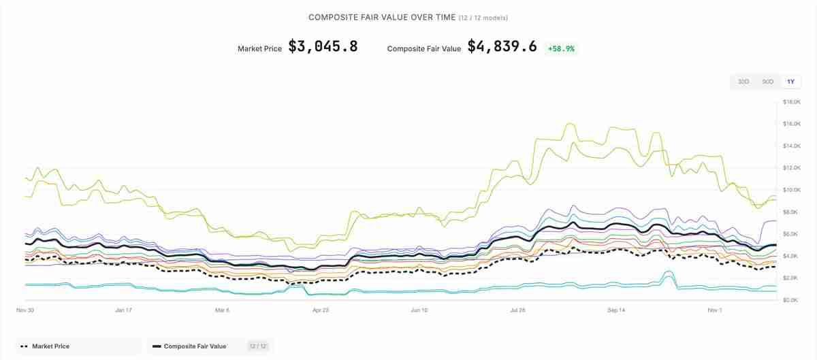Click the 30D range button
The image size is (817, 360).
point(743,82)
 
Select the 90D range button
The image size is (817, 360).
point(767,82)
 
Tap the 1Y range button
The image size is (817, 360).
point(790,82)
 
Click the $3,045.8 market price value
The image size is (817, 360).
point(323,47)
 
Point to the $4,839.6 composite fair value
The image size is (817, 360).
point(502,47)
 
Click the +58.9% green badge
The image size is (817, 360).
point(561,49)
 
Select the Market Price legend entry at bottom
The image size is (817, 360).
point(50,346)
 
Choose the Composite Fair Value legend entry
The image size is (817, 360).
point(196,346)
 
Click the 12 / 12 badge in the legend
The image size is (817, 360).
point(257,346)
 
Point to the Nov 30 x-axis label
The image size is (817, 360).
point(25,310)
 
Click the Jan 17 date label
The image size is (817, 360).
point(123,310)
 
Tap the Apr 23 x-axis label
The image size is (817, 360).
point(321,310)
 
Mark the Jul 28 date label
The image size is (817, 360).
point(518,310)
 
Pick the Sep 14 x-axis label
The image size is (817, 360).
point(616,310)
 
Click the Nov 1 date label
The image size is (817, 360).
point(714,310)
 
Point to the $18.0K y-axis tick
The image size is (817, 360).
point(791,102)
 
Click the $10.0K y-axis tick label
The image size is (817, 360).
point(791,190)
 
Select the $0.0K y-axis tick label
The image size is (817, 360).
point(791,300)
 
